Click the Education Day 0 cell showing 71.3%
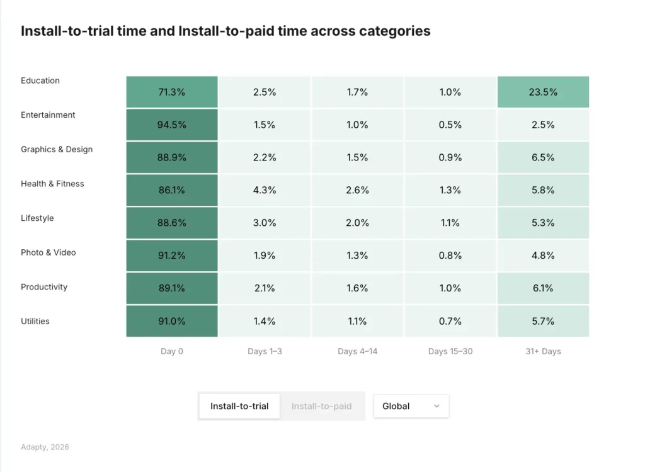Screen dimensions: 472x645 171,92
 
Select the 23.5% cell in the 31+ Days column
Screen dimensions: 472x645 543,92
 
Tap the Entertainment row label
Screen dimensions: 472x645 48,115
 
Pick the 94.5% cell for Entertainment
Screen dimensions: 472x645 171,125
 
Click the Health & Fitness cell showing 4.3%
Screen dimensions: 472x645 265,190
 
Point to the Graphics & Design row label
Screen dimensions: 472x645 57,150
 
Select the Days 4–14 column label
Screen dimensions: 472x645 357,351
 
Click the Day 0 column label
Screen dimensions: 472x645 171,351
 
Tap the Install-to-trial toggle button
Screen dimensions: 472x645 239,406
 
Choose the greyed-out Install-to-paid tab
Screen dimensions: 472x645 321,406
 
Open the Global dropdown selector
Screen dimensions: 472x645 411,406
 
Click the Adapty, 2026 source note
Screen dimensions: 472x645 45,447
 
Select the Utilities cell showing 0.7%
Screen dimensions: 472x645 450,321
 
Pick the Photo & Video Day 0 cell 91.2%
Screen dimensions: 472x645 171,256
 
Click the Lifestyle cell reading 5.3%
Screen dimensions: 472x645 543,223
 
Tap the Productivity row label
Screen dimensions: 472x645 44,287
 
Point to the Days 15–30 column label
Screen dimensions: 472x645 450,351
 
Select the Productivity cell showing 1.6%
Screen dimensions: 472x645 357,288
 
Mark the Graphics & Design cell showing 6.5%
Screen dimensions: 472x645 543,157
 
